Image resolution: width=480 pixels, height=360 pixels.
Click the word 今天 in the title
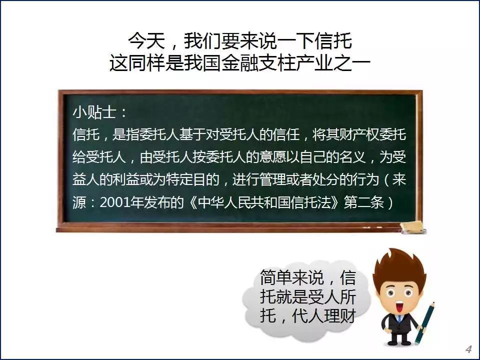tap(146, 40)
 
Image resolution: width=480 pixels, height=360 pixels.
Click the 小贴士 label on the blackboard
tap(94, 112)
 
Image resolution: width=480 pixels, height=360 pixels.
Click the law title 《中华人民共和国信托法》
tap(264, 202)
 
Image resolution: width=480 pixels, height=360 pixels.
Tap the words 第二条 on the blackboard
tap(363, 202)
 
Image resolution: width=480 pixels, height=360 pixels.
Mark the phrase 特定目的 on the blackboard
tap(192, 179)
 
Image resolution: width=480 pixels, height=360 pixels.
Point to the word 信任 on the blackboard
tap(286, 134)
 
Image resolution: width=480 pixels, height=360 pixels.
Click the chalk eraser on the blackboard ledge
tap(413, 226)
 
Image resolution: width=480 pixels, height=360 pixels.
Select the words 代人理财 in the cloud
tap(324, 315)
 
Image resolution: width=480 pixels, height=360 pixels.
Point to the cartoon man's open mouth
tap(398, 306)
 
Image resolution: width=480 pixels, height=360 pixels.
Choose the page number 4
tap(468, 349)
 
